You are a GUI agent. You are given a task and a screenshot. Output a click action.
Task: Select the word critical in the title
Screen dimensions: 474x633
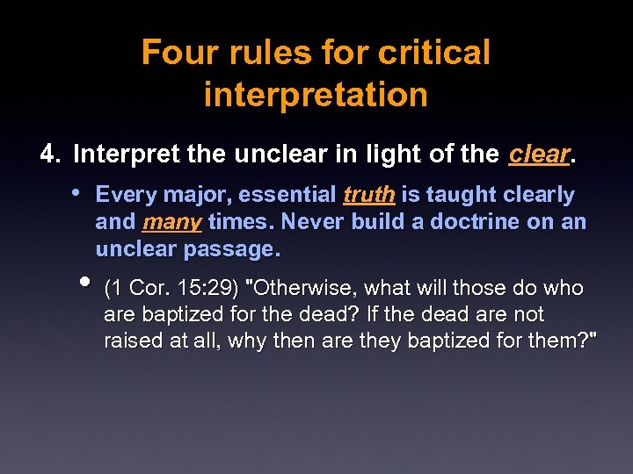click(x=434, y=53)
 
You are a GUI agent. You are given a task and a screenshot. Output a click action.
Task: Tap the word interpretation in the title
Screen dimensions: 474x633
click(x=316, y=94)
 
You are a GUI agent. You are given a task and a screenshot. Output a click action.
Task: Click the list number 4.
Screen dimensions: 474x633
click(x=48, y=154)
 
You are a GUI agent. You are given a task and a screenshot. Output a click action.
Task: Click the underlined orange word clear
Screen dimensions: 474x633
click(x=539, y=154)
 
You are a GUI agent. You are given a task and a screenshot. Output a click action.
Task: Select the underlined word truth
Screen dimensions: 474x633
click(x=368, y=195)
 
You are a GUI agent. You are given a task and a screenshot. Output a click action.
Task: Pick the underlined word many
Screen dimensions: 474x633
click(x=172, y=222)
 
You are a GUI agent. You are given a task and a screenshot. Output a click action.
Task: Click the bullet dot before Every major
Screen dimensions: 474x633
click(x=78, y=192)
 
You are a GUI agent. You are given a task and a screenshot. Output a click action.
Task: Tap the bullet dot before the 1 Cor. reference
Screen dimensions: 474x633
click(x=84, y=283)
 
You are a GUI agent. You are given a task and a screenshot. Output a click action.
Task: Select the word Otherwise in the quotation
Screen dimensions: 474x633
click(x=304, y=289)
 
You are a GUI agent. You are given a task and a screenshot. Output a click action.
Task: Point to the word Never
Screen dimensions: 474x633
click(x=311, y=222)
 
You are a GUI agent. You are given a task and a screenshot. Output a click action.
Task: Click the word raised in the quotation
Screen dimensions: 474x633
click(x=132, y=341)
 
